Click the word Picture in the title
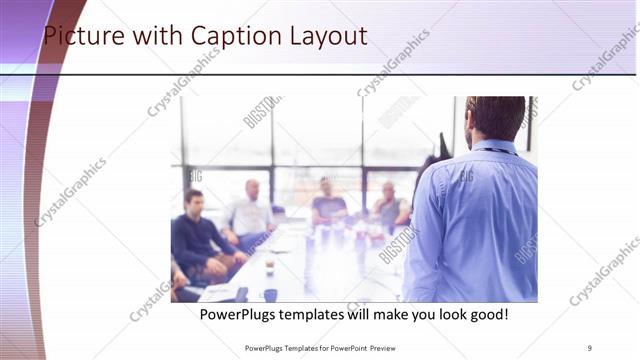coord(85,37)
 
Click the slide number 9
coord(590,348)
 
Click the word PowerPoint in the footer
coord(345,348)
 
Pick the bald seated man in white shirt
coord(249,210)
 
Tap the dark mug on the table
coord(270,294)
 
